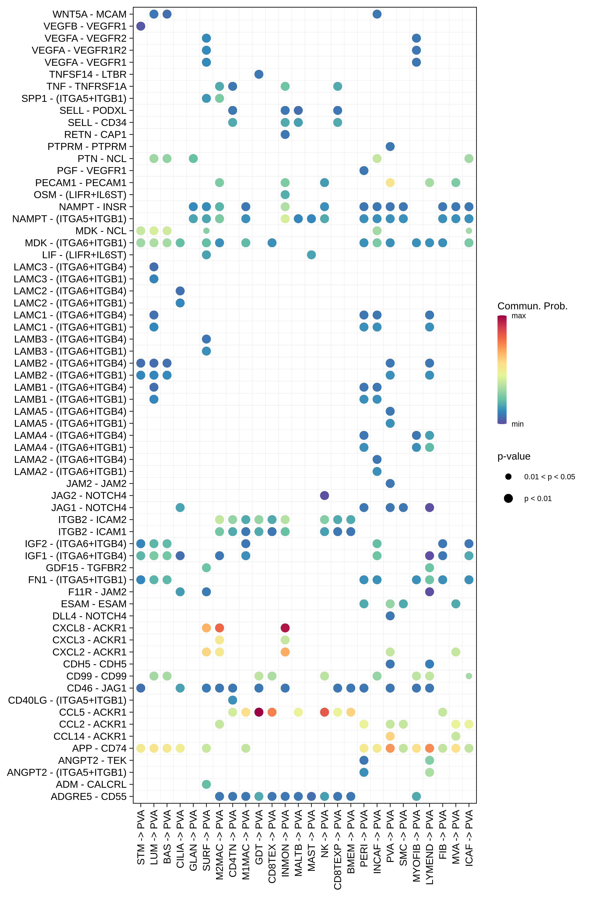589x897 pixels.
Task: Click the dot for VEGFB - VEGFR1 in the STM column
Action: (141, 26)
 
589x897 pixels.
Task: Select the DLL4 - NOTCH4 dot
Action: (390, 616)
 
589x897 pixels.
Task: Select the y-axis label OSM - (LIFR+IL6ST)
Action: (80, 195)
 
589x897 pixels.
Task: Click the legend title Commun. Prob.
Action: (532, 306)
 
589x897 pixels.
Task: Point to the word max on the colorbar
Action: (519, 316)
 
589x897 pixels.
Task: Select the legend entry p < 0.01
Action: (538, 499)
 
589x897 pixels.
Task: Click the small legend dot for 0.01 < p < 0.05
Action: (508, 477)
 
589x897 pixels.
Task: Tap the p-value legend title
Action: (514, 456)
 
